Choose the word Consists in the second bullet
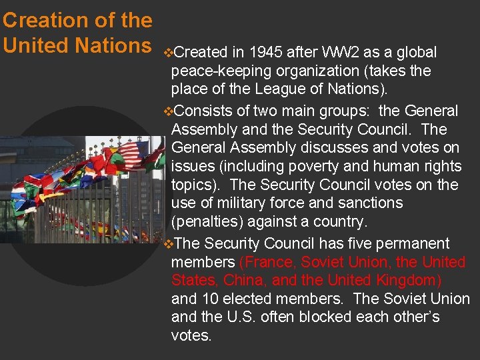click(201, 111)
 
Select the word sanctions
click(370, 203)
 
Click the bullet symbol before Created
click(167, 53)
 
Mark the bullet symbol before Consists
click(167, 111)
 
